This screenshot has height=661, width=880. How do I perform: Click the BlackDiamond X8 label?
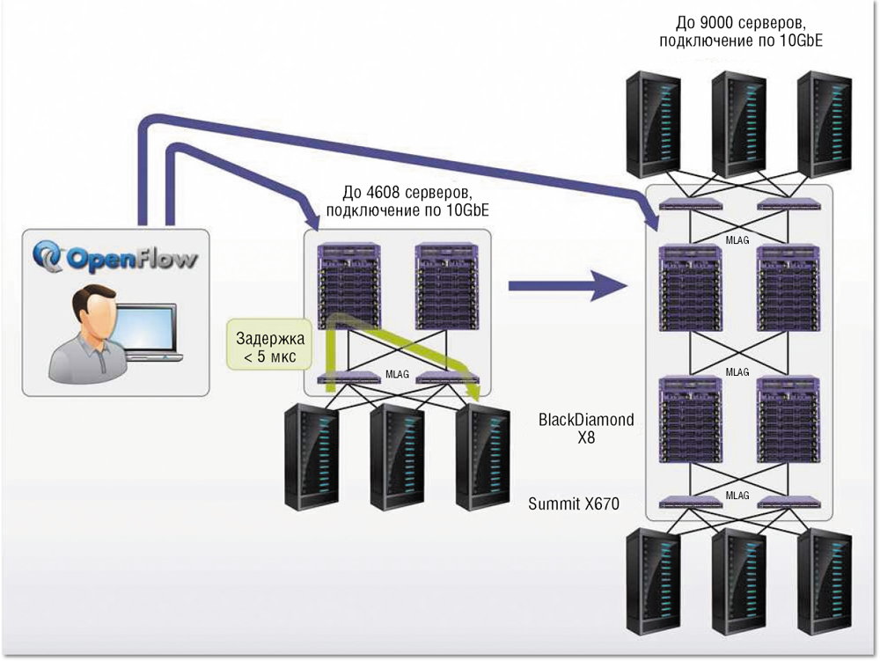586,427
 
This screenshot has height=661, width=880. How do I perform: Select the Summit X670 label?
574,504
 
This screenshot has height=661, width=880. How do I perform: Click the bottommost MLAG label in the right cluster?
737,496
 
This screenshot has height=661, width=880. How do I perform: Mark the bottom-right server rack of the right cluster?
825,584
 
